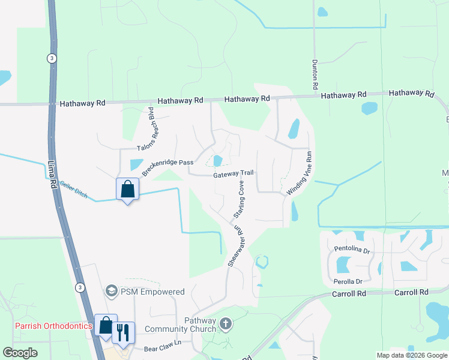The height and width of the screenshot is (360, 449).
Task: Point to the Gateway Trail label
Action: click(234, 173)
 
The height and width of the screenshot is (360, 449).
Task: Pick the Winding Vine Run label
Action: click(300, 172)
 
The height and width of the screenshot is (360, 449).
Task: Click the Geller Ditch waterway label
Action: click(74, 191)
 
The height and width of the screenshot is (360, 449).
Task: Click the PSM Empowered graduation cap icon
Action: click(111, 292)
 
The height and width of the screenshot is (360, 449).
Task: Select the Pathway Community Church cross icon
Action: click(225, 325)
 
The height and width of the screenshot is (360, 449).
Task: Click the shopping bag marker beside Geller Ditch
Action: click(127, 190)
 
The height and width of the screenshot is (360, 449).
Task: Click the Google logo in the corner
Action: click(20, 353)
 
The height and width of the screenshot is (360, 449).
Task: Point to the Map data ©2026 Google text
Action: click(412, 355)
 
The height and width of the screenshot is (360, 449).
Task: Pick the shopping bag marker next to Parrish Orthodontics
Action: click(106, 326)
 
